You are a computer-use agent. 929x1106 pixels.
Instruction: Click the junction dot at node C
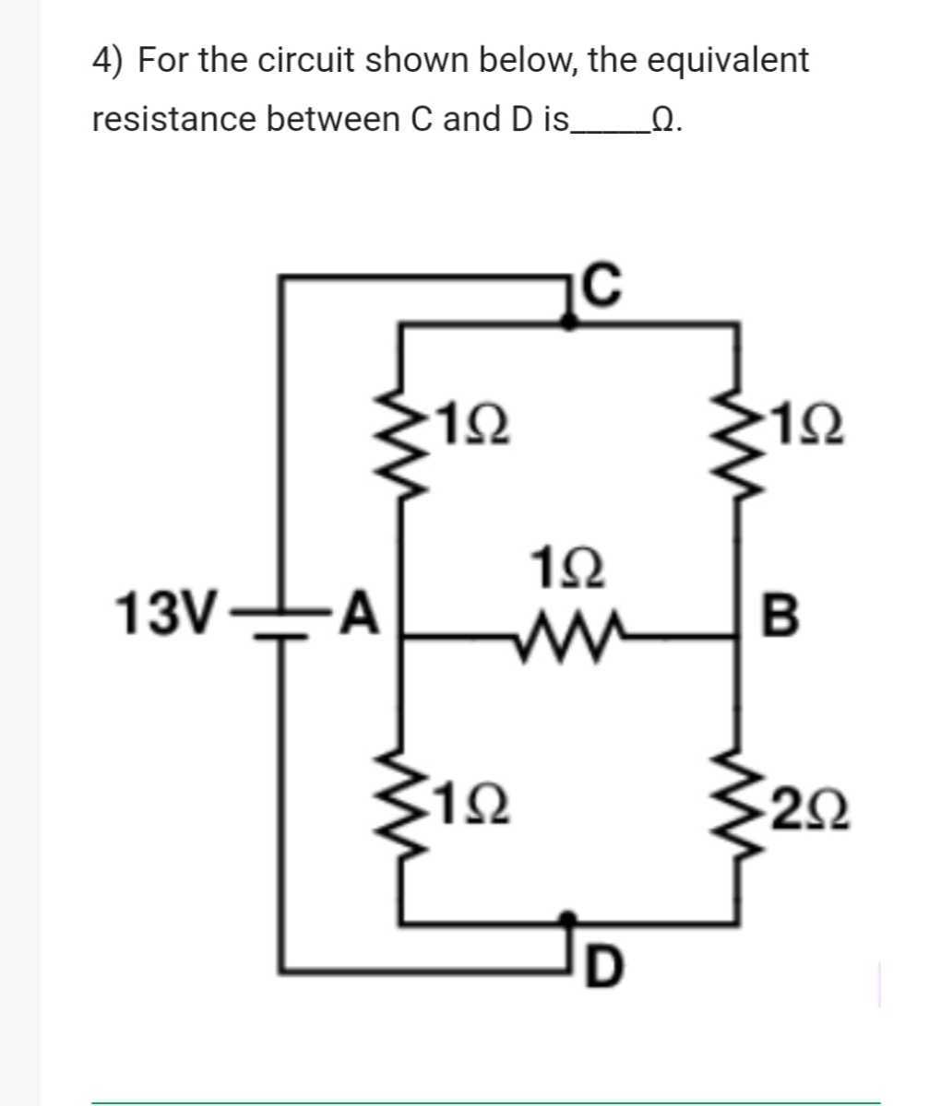(x=569, y=321)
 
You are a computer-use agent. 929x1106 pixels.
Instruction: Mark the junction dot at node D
(x=569, y=919)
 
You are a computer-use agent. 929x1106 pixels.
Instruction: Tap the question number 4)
(x=111, y=62)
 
